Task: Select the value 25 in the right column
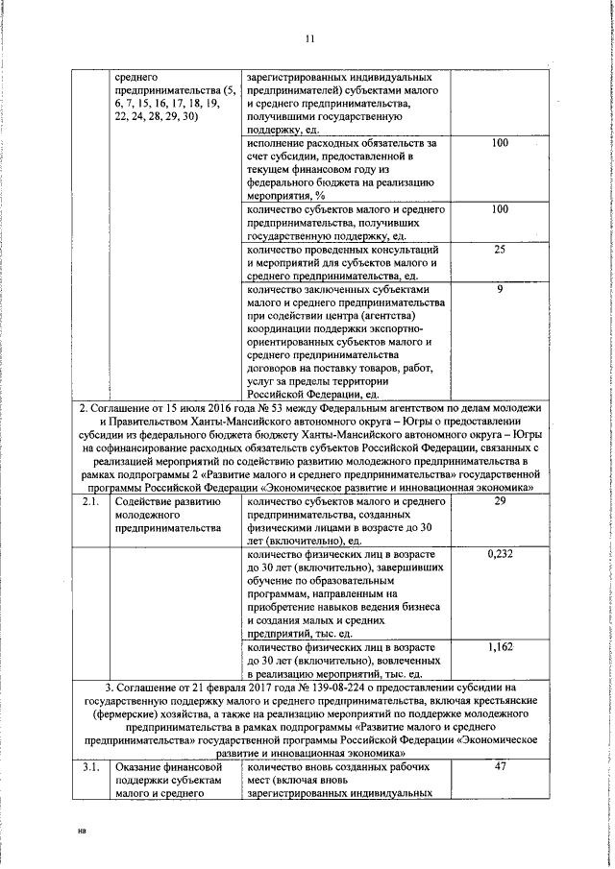[x=500, y=250]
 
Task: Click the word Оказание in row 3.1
[x=140, y=768]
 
